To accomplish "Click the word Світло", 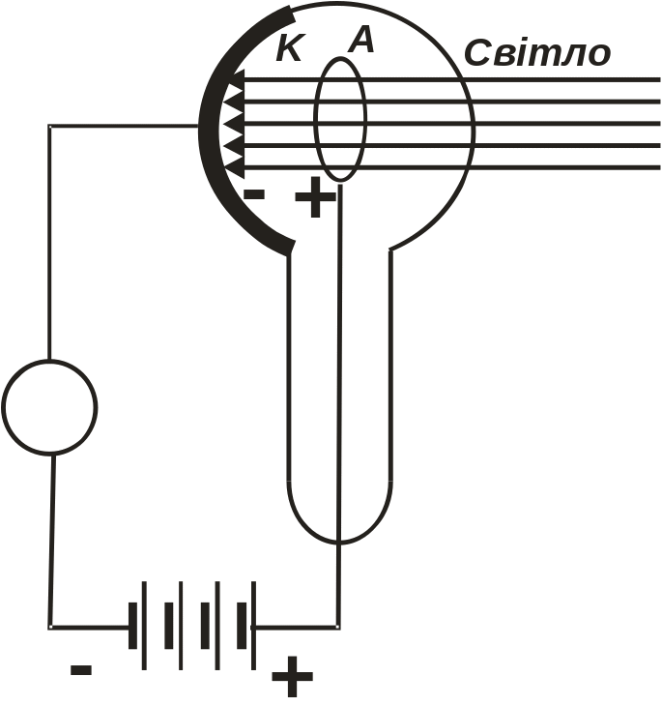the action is coord(537,53).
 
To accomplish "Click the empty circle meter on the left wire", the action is coord(49,407).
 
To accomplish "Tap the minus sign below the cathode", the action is coord(254,194).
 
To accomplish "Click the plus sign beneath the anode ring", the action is coord(315,201).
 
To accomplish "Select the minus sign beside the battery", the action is coord(81,669).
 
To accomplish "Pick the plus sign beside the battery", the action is coord(292,677).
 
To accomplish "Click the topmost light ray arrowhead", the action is coord(233,79).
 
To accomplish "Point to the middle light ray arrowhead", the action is coord(233,124).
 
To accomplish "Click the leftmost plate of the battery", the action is coord(143,625).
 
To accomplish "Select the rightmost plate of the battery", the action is coord(254,625).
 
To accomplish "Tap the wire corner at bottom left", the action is coord(50,626).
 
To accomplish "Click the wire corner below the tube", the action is coord(337,626).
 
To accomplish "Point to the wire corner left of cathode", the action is coord(50,126).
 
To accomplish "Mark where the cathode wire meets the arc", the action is coord(199,126).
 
